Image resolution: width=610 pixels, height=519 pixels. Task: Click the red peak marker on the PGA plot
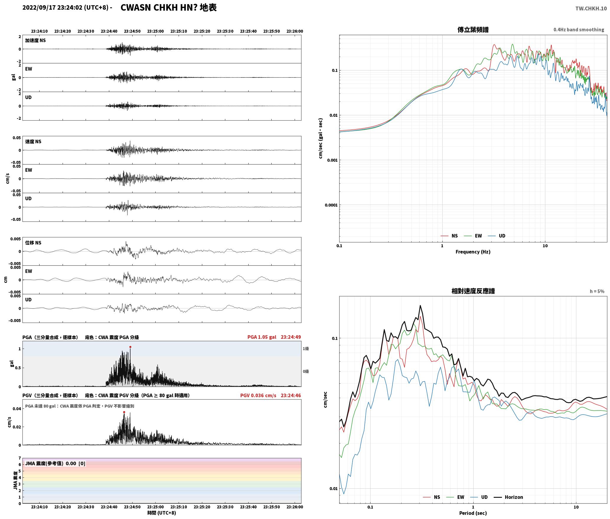[130, 347]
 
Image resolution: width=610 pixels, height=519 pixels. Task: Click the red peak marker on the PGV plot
[124, 412]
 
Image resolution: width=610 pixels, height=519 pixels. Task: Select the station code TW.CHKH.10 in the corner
[591, 9]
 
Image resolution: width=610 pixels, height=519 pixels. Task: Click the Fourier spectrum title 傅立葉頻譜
[473, 30]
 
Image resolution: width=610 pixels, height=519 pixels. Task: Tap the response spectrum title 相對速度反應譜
[473, 291]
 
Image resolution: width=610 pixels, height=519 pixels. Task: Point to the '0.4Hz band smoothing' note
[579, 30]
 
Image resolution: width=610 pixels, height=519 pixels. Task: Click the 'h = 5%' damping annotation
[597, 291]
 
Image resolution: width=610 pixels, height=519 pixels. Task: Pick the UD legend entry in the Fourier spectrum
[497, 236]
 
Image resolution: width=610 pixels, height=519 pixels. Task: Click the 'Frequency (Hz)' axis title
[473, 252]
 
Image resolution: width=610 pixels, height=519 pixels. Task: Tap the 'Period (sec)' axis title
[473, 513]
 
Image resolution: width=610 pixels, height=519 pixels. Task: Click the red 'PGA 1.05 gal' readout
[262, 337]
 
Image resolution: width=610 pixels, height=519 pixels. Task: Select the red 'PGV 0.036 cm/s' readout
[258, 395]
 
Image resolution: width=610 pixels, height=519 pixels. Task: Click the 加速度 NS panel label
[35, 40]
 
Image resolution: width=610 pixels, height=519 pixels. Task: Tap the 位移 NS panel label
[33, 243]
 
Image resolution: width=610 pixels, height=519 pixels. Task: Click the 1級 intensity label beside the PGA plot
[306, 349]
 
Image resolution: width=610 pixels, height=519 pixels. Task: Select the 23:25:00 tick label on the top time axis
[155, 31]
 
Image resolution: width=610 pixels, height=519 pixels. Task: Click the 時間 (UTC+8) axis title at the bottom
[162, 513]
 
